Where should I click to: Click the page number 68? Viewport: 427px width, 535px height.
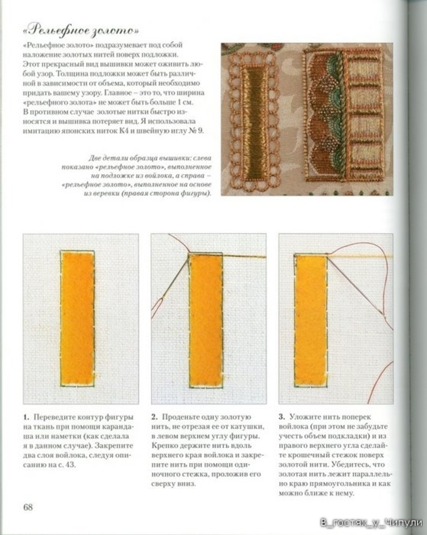[x=28, y=507]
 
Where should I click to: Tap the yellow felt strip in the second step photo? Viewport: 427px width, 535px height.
[x=206, y=321]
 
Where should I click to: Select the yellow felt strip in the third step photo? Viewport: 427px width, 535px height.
[x=311, y=321]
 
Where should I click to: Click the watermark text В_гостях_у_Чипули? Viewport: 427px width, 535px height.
[x=371, y=523]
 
